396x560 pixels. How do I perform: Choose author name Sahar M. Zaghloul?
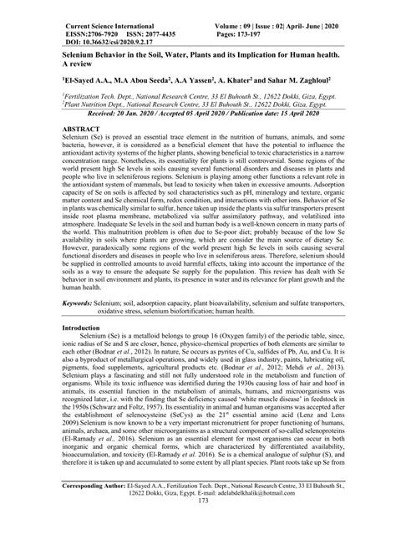click(296, 82)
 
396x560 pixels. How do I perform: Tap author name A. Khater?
click(230, 82)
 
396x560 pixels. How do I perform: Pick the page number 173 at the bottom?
click(197, 550)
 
